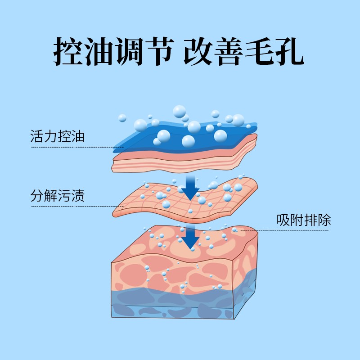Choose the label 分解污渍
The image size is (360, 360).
(x=57, y=196)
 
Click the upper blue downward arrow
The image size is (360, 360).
(x=190, y=188)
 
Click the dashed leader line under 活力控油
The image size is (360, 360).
(x=72, y=147)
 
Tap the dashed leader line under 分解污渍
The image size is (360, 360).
(x=76, y=207)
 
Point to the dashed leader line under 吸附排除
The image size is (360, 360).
(x=288, y=230)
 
